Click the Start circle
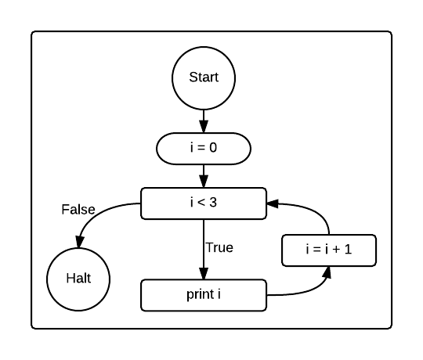(x=204, y=77)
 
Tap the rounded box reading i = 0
(x=204, y=148)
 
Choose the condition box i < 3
(x=204, y=203)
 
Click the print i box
(x=204, y=295)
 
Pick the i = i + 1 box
(x=329, y=250)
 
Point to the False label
(x=78, y=210)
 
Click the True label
(x=219, y=247)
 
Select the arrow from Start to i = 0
(x=204, y=121)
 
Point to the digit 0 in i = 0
(x=213, y=148)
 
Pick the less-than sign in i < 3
(x=203, y=203)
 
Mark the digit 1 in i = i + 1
(x=349, y=250)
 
